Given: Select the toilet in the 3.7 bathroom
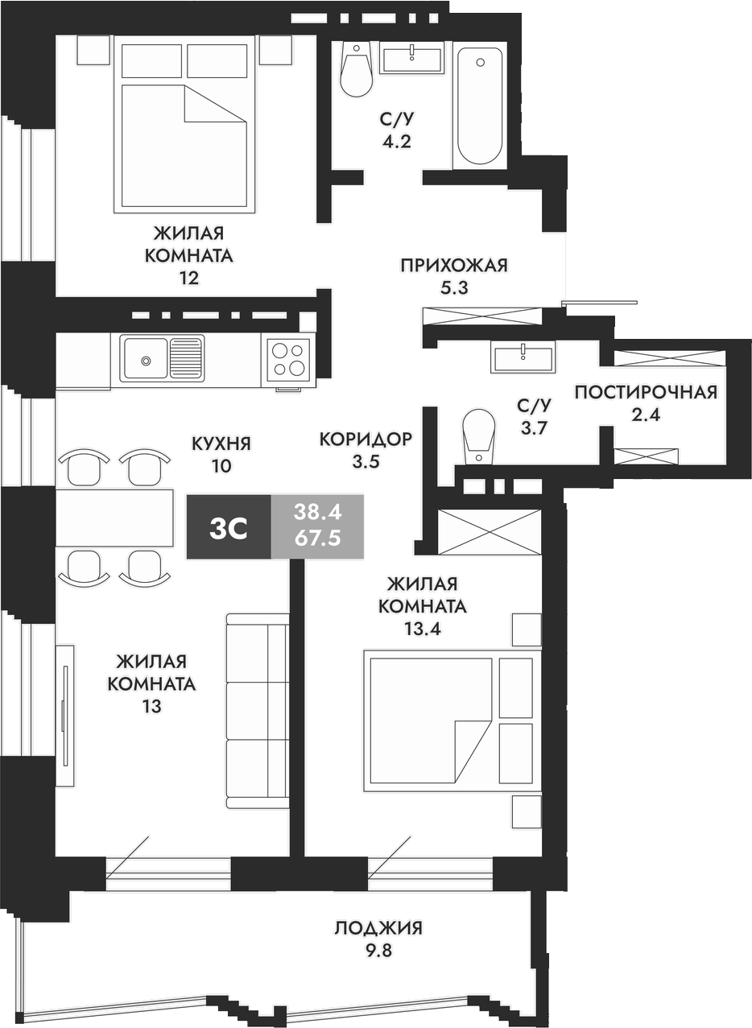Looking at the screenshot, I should pos(478,436).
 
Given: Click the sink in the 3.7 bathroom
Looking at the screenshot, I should pos(523,356).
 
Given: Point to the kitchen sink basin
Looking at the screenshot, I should pos(145,358).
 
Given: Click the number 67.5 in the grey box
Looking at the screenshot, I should pos(317,539).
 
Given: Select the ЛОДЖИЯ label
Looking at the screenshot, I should pos(378,928).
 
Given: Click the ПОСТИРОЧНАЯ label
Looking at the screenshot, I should pos(645,392).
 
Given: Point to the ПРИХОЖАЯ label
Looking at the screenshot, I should pos(454,265).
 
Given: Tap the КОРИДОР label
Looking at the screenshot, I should pos(366,439).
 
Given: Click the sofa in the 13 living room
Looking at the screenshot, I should pos(258,710).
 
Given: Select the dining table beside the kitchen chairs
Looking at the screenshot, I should pos(115,517).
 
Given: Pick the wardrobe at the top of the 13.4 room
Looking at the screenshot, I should pos(490,531).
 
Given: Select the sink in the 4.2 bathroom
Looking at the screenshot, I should pos(411,58).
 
